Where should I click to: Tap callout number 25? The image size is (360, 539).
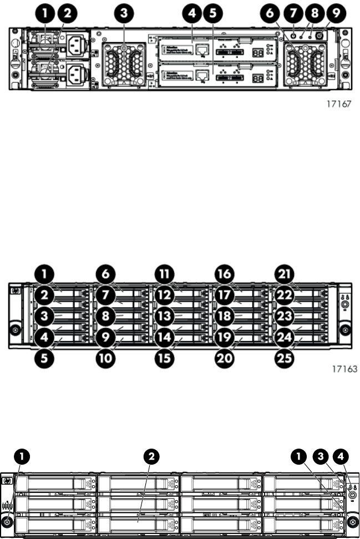tap(287, 358)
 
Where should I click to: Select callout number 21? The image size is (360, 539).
tap(287, 274)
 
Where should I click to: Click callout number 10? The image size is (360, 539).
tap(105, 358)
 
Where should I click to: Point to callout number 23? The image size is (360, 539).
tap(287, 316)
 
